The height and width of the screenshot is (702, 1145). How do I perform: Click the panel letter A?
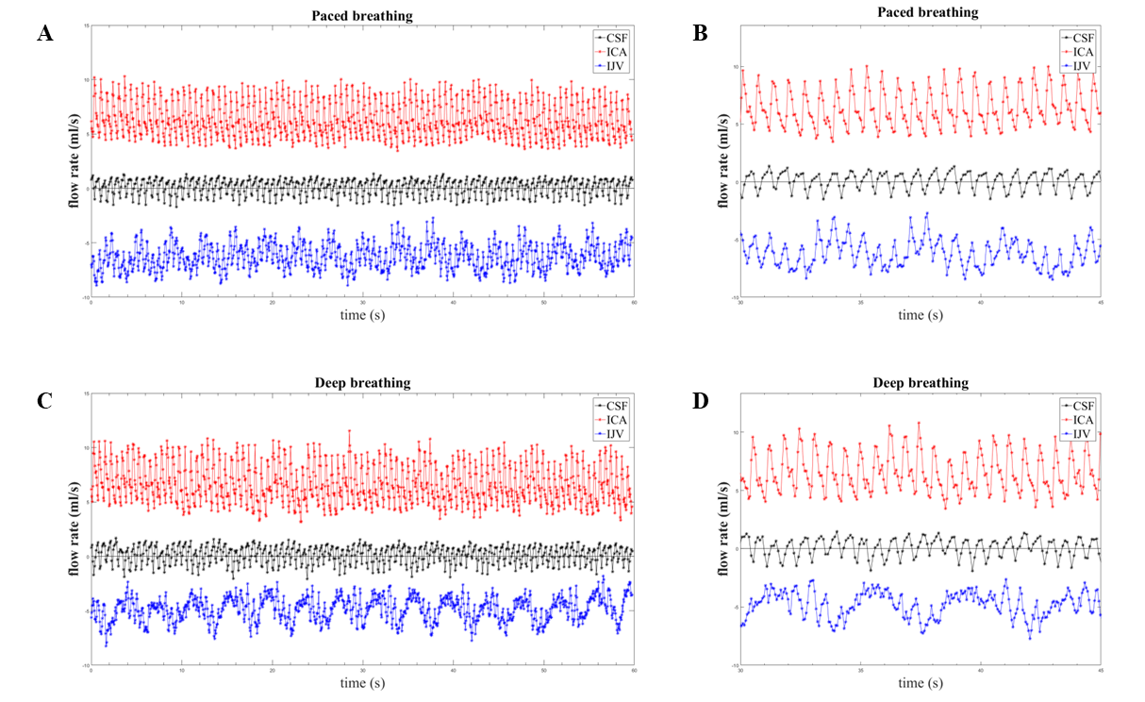(x=44, y=35)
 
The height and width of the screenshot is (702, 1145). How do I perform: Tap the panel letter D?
(x=701, y=399)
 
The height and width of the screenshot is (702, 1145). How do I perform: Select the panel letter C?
(x=44, y=399)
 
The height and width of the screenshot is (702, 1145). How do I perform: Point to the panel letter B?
(x=701, y=35)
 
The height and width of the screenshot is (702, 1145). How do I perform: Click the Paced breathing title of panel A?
(x=363, y=16)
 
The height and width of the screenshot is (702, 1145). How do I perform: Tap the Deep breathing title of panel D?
(x=921, y=382)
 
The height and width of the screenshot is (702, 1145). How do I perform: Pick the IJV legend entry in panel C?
(x=613, y=433)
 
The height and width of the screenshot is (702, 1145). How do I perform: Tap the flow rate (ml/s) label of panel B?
(x=724, y=160)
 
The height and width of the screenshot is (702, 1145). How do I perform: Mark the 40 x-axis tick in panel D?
(x=981, y=671)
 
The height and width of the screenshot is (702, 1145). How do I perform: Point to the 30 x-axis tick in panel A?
(x=363, y=303)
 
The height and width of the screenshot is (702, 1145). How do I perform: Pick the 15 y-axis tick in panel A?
(x=86, y=25)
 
